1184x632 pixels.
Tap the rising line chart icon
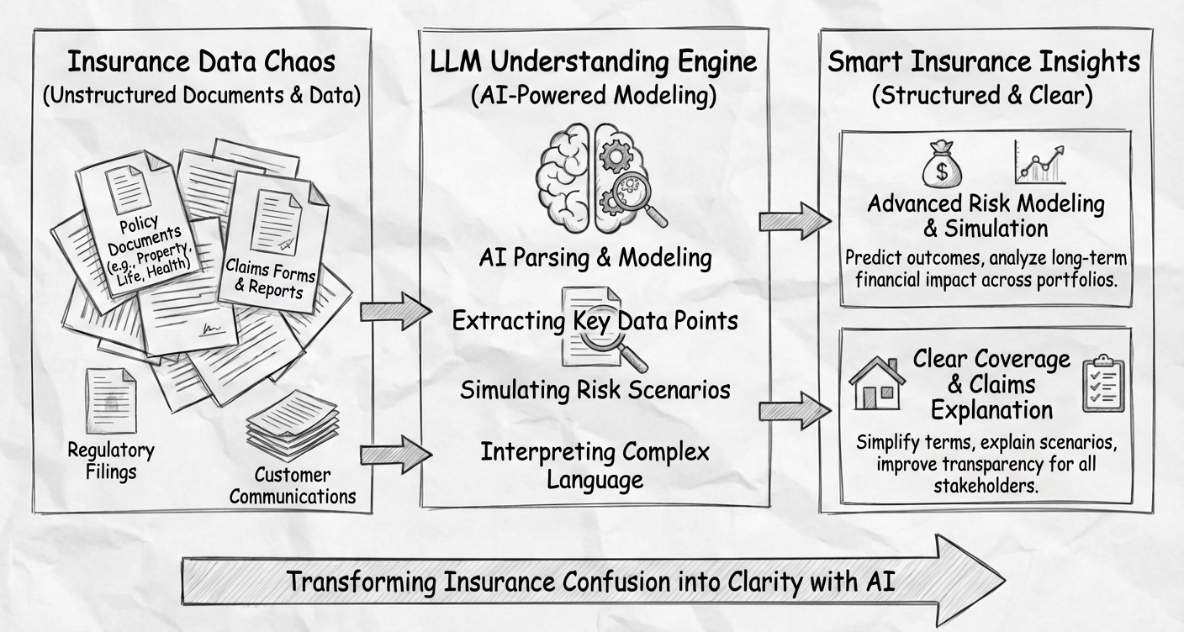[x=1039, y=163]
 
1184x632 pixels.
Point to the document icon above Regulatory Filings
[x=110, y=401]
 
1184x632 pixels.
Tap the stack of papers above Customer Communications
[x=292, y=425]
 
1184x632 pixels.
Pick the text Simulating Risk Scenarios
[x=595, y=390]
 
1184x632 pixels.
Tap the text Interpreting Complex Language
[x=595, y=465]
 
